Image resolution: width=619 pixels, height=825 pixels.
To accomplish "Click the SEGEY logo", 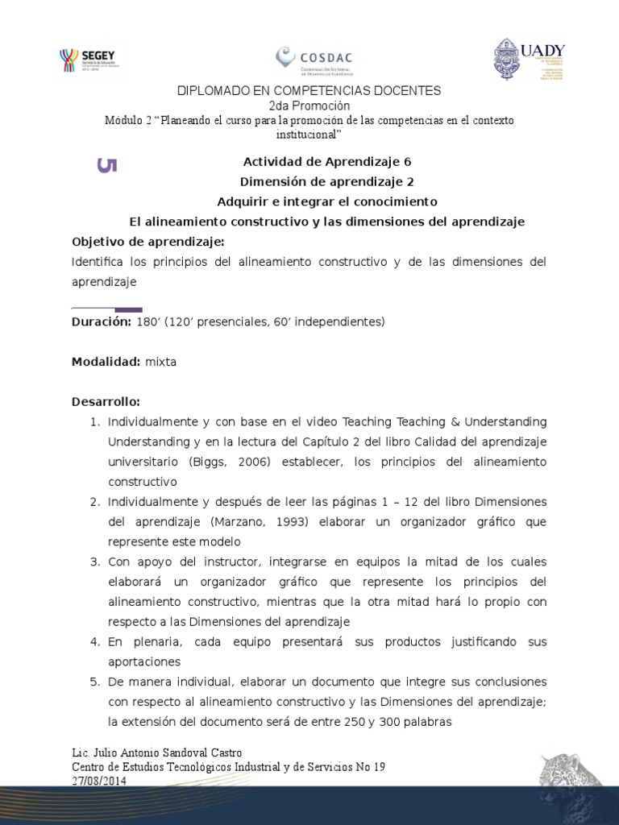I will pyautogui.click(x=90, y=60).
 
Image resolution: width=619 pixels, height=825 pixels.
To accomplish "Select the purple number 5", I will pyautogui.click(x=107, y=165).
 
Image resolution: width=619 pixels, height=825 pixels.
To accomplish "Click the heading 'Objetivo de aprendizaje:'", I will pyautogui.click(x=148, y=242).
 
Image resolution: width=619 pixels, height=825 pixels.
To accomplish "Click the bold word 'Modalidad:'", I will pyautogui.click(x=106, y=362).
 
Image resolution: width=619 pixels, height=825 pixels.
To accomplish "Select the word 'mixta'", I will pyautogui.click(x=160, y=362).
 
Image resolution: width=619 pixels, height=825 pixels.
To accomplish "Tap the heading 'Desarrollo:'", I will pyautogui.click(x=106, y=401).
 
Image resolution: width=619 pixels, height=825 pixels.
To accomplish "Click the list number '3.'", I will pyautogui.click(x=93, y=561).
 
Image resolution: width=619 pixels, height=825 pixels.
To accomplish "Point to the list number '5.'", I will pyautogui.click(x=93, y=682).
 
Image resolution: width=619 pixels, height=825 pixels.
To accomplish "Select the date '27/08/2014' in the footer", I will pyautogui.click(x=99, y=781).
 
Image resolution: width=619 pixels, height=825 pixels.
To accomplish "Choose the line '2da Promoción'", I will pyautogui.click(x=309, y=106).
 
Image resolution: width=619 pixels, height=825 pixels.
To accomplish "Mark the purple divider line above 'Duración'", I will pyautogui.click(x=107, y=309).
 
